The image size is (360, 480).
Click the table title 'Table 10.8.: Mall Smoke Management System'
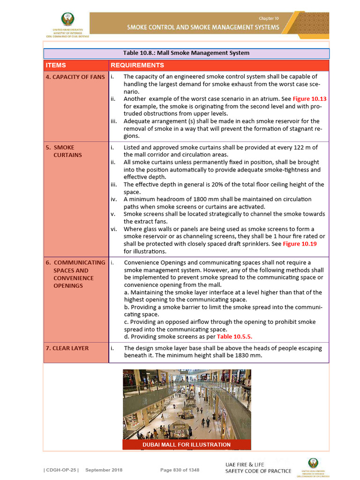point(186,53)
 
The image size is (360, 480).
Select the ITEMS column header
point(56,65)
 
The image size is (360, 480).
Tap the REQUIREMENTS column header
point(137,65)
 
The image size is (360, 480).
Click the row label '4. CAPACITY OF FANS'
point(75,77)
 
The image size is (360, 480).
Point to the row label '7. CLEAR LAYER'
point(67,348)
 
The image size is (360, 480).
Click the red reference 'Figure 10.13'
point(309,99)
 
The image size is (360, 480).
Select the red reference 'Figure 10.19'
point(300,244)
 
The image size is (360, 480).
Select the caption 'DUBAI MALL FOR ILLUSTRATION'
point(187,444)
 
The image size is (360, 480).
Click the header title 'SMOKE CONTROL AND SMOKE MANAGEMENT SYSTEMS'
point(203,27)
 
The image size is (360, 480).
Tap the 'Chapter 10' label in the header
point(269,18)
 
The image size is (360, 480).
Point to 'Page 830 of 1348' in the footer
point(180,470)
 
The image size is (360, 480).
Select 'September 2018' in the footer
point(105,470)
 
